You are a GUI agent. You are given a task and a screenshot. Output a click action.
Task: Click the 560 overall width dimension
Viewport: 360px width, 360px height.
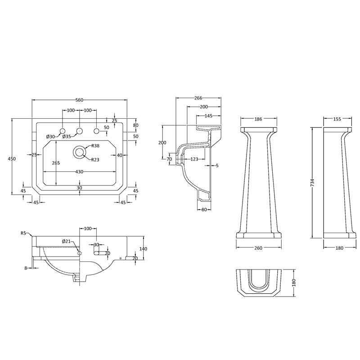tap(79, 100)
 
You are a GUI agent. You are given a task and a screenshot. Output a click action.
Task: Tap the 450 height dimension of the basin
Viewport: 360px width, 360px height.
tap(12, 159)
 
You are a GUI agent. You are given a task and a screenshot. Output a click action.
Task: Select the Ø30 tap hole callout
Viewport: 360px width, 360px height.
tap(50, 137)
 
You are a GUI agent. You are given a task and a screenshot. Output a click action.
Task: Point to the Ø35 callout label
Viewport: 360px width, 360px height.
tap(67, 137)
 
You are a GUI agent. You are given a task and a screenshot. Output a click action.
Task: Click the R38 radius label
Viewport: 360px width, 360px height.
tap(95, 145)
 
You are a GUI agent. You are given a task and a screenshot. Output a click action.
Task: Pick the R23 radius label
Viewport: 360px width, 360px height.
tap(95, 160)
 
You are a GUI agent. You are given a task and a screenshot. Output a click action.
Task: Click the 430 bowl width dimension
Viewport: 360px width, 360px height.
tap(79, 171)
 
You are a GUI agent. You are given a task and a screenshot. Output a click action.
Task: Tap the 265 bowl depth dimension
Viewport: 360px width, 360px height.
tap(56, 163)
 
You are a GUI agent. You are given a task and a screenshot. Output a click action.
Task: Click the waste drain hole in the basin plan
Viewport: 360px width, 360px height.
tap(80, 152)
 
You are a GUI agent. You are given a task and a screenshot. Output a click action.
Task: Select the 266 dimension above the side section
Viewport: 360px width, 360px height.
tap(198, 98)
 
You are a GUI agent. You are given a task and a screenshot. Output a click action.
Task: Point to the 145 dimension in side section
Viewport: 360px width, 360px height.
tap(208, 116)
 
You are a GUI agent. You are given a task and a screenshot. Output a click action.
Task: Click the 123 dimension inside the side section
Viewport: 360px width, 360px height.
tap(194, 159)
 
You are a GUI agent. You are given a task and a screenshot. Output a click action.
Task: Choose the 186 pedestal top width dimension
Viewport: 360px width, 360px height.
tap(258, 119)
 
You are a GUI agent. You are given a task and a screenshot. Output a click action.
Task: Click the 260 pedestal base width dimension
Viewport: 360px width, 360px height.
tap(258, 248)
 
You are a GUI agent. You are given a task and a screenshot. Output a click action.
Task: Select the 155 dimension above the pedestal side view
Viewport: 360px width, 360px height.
tap(337, 119)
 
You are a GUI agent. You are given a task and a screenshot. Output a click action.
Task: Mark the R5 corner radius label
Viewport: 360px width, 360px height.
tap(23, 233)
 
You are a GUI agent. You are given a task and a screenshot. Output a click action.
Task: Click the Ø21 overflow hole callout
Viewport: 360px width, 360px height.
tap(66, 241)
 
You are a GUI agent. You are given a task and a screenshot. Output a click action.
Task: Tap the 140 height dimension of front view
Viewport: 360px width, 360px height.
tap(143, 249)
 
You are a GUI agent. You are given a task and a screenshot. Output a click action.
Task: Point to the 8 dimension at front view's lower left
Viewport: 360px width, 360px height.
tap(26, 268)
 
